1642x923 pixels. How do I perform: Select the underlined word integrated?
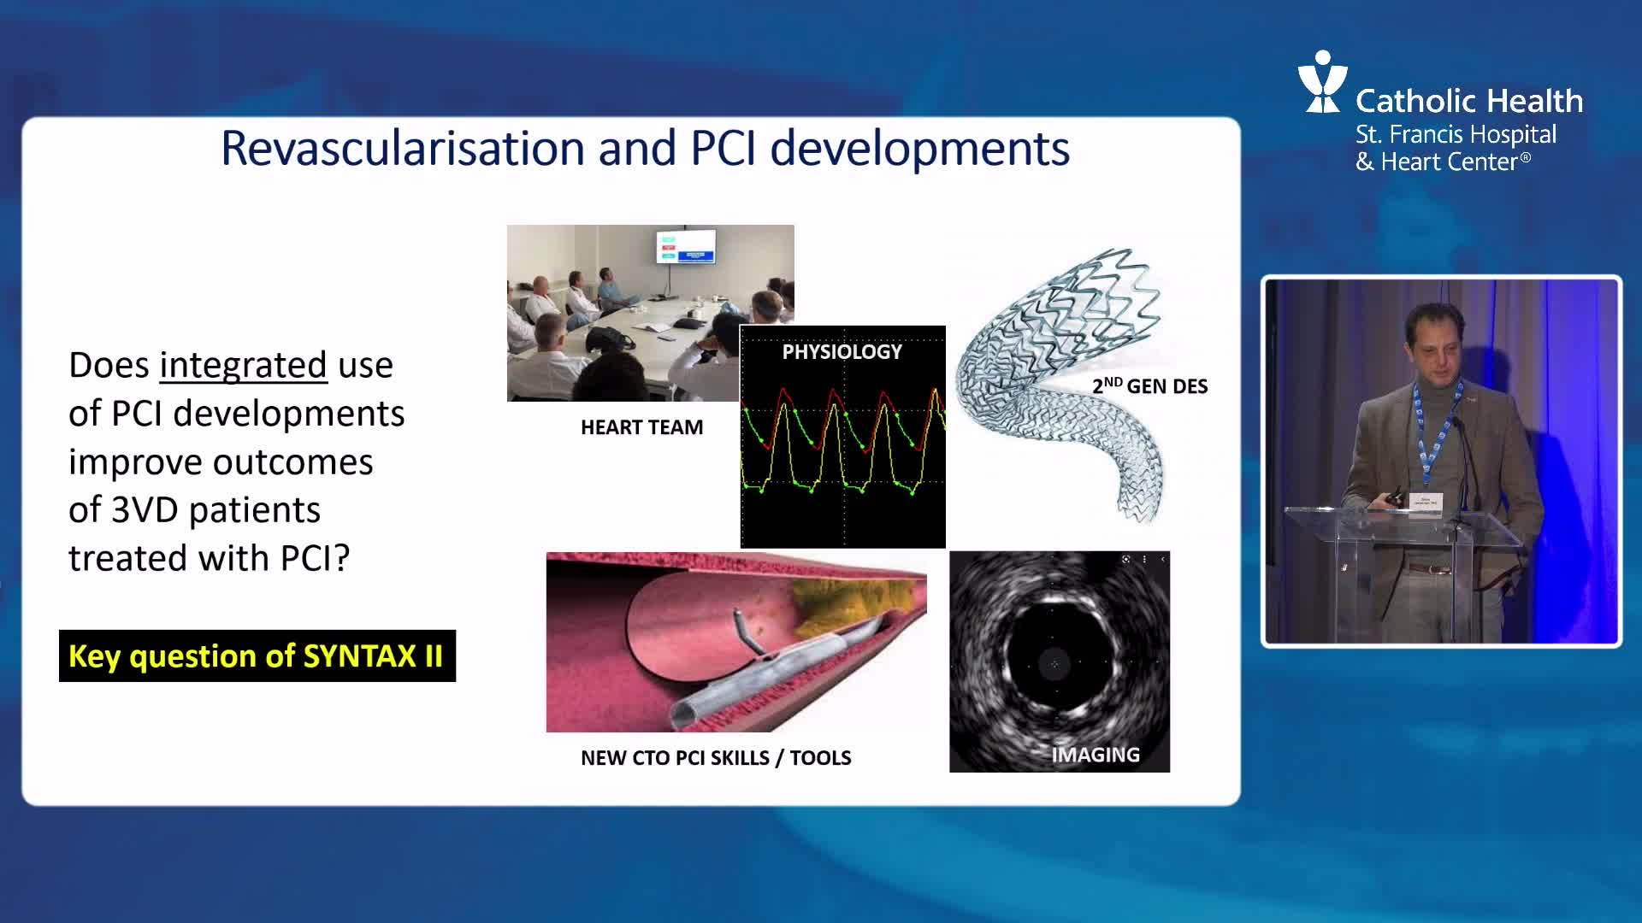pyautogui.click(x=243, y=366)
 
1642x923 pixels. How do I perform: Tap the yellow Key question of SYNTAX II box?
pyautogui.click(x=257, y=656)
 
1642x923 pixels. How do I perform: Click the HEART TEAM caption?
pyautogui.click(x=641, y=427)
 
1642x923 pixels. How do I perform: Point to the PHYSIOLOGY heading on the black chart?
pyautogui.click(x=842, y=351)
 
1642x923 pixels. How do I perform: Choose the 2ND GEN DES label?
pyautogui.click(x=1149, y=385)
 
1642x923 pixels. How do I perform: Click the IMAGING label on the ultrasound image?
pyautogui.click(x=1096, y=755)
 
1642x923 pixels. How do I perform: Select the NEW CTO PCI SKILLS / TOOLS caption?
pyautogui.click(x=716, y=758)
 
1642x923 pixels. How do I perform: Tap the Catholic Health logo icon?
pyautogui.click(x=1322, y=81)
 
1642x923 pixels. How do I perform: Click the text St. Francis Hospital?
pyautogui.click(x=1456, y=134)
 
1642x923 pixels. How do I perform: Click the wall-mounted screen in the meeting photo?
pyautogui.click(x=686, y=246)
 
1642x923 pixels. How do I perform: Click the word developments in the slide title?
pyautogui.click(x=920, y=150)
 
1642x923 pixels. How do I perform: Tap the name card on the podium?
pyautogui.click(x=1426, y=502)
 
